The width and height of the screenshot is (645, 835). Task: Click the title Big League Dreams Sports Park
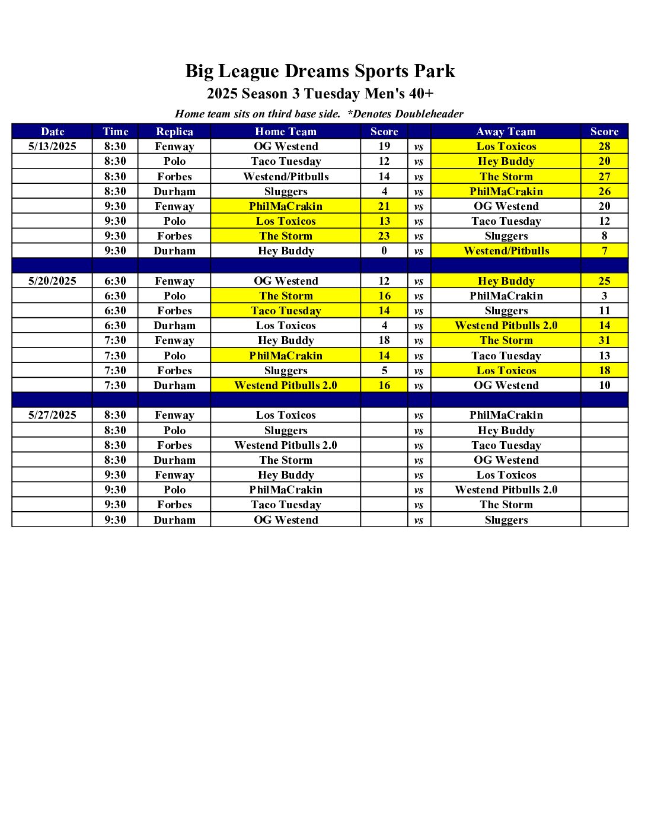click(x=320, y=71)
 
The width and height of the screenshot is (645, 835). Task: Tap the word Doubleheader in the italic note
click(x=429, y=114)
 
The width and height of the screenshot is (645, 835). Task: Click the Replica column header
click(x=174, y=132)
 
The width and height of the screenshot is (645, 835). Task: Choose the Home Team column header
click(x=286, y=132)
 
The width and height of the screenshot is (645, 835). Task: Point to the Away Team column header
click(x=506, y=132)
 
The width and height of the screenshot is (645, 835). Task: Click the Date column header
click(x=52, y=132)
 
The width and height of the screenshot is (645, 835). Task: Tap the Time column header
click(x=115, y=132)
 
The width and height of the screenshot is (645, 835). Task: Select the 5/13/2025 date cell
click(x=52, y=146)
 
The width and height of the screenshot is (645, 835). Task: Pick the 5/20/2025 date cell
click(x=52, y=281)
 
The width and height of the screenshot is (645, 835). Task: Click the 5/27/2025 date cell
click(x=52, y=415)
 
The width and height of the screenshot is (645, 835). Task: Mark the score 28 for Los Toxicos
click(x=604, y=146)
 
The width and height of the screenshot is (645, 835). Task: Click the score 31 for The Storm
click(x=604, y=340)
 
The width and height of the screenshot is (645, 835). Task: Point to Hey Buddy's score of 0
click(x=384, y=251)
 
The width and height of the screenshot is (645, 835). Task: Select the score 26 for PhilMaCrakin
click(x=604, y=192)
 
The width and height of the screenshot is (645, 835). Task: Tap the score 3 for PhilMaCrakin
click(x=604, y=296)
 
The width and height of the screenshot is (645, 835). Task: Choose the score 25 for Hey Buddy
click(x=604, y=281)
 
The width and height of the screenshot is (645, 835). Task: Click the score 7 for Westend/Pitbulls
click(x=604, y=251)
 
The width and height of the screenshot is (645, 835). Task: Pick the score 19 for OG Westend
click(x=384, y=146)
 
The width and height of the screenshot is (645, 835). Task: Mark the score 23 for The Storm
click(x=384, y=236)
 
